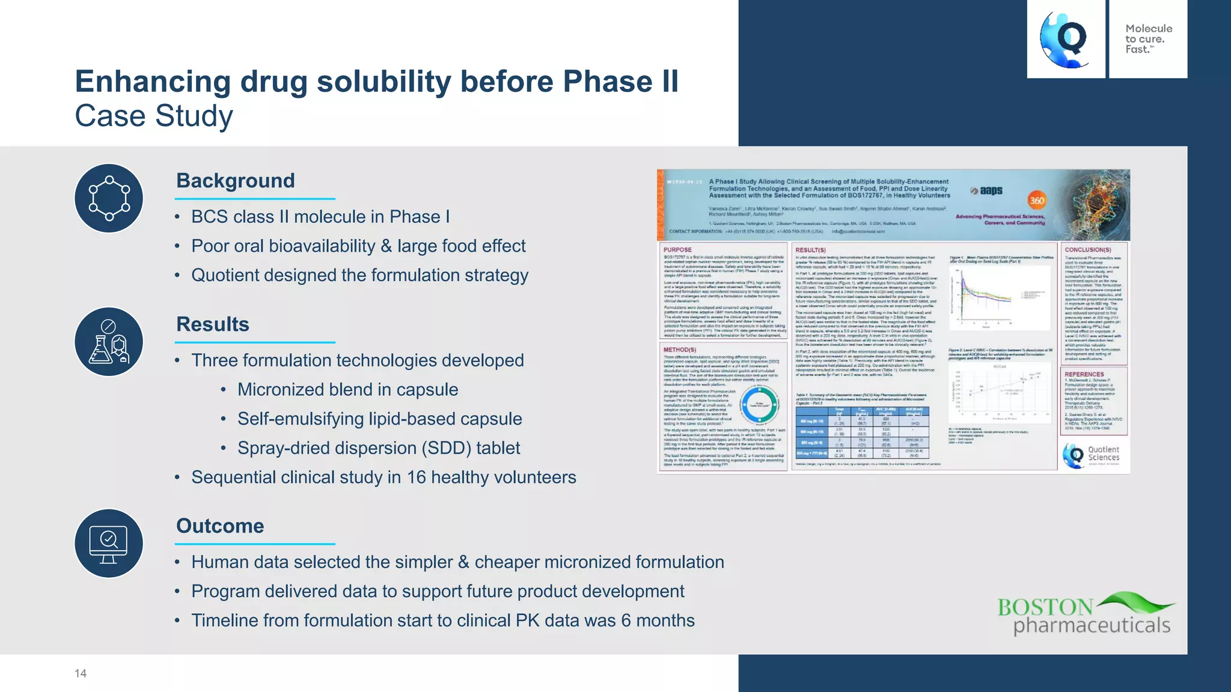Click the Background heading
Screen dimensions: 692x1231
[235, 181]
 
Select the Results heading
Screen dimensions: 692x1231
[212, 324]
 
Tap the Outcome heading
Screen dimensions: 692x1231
[220, 526]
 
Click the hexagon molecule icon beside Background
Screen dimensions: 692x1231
[109, 198]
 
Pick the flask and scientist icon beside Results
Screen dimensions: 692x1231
[109, 342]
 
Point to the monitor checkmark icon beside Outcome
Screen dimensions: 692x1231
[109, 544]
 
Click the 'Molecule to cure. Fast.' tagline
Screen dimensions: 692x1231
[1148, 39]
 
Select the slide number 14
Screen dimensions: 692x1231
[81, 673]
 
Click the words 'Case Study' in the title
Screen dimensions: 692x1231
[154, 116]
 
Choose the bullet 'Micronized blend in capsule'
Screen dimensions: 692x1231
[347, 390]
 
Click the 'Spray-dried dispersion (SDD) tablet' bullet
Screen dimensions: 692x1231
[379, 448]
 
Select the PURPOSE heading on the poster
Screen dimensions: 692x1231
[677, 250]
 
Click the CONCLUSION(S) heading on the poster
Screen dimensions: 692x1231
[1088, 250]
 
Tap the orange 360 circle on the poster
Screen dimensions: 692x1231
[1037, 201]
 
